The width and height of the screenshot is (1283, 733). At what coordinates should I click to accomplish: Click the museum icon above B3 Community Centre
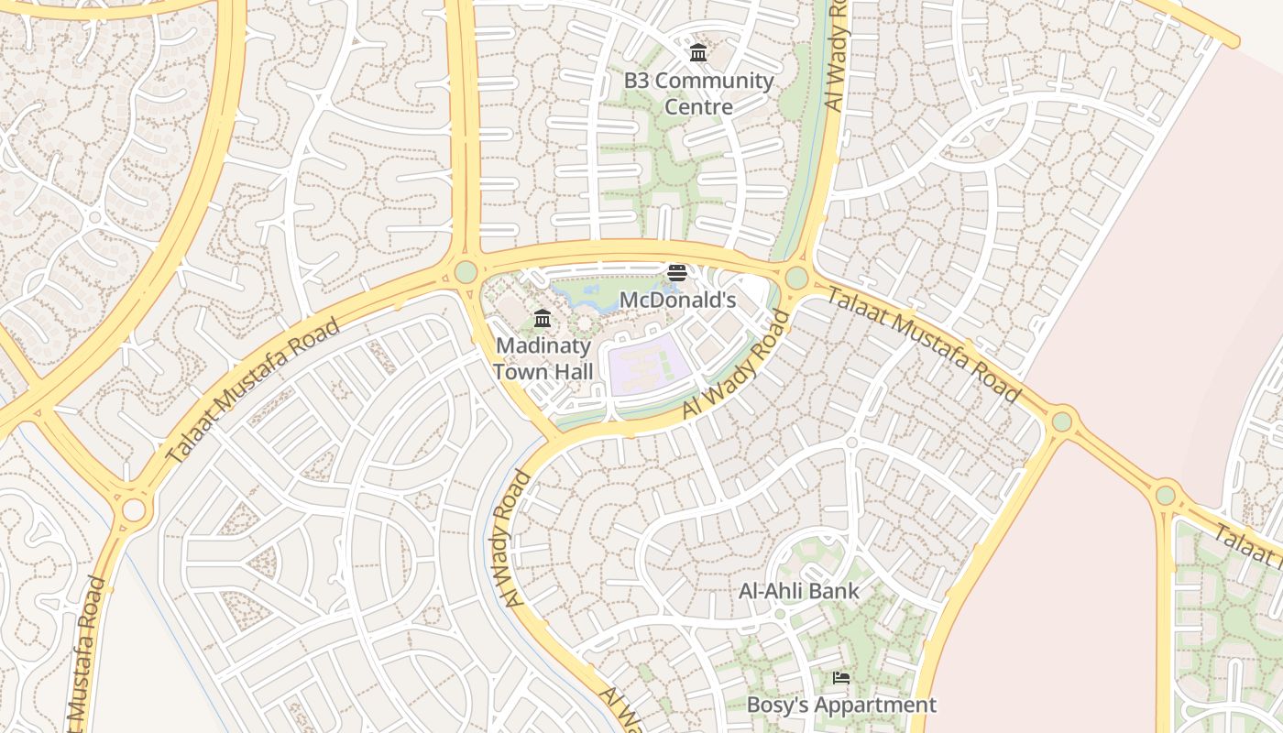pyautogui.click(x=698, y=53)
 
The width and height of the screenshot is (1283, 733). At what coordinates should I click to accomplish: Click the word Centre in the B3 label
pyautogui.click(x=698, y=107)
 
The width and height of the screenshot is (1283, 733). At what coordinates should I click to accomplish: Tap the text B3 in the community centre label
pyautogui.click(x=638, y=81)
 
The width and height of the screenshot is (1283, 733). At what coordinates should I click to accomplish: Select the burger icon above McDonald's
pyautogui.click(x=676, y=273)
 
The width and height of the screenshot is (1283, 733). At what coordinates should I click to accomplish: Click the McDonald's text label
pyautogui.click(x=678, y=300)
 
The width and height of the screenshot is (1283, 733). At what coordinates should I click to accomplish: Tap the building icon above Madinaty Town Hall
pyautogui.click(x=543, y=319)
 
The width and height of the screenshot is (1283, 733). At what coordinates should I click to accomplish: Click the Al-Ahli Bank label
pyautogui.click(x=799, y=591)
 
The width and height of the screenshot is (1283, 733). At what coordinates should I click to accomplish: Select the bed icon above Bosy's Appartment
pyautogui.click(x=840, y=678)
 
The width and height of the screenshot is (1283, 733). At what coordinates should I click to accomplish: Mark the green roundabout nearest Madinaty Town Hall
pyautogui.click(x=466, y=272)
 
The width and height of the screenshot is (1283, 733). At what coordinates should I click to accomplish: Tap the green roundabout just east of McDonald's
pyautogui.click(x=796, y=278)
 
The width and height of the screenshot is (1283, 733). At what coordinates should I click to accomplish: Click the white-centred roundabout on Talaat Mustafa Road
pyautogui.click(x=133, y=510)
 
